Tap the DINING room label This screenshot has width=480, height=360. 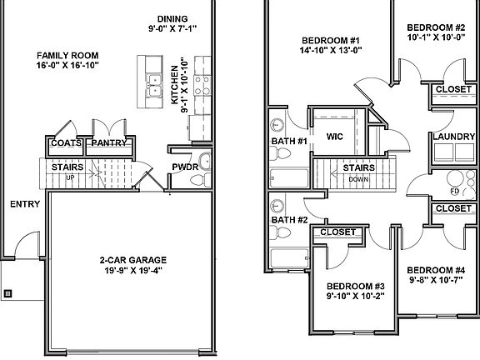click(x=177, y=19)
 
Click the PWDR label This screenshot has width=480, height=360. click(x=183, y=167)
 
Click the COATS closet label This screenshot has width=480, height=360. click(x=66, y=143)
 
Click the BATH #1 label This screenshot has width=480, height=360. click(x=289, y=142)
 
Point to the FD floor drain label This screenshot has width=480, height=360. click(x=454, y=191)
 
